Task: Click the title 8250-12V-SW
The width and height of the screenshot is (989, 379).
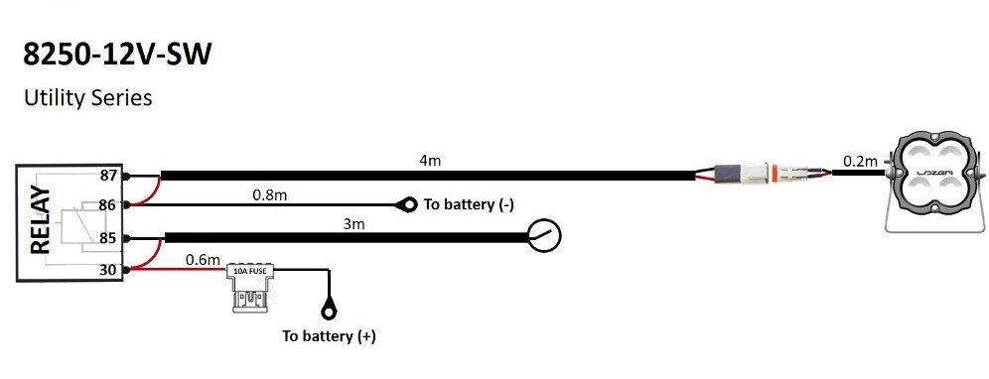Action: (117, 55)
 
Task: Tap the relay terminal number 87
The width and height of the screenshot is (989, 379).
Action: (108, 176)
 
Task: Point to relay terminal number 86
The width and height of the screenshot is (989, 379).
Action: (108, 205)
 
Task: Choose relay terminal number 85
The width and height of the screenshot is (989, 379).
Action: (108, 238)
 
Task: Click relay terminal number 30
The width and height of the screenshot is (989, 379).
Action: (108, 269)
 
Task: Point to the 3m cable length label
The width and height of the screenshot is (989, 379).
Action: (354, 224)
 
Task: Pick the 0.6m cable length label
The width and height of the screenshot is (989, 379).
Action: (202, 259)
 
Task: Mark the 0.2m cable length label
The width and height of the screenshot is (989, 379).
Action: (860, 161)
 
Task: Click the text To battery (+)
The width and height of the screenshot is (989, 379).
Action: (329, 336)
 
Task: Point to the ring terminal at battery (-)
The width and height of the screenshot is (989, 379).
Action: (405, 205)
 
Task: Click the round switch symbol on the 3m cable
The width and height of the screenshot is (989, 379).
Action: (544, 236)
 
